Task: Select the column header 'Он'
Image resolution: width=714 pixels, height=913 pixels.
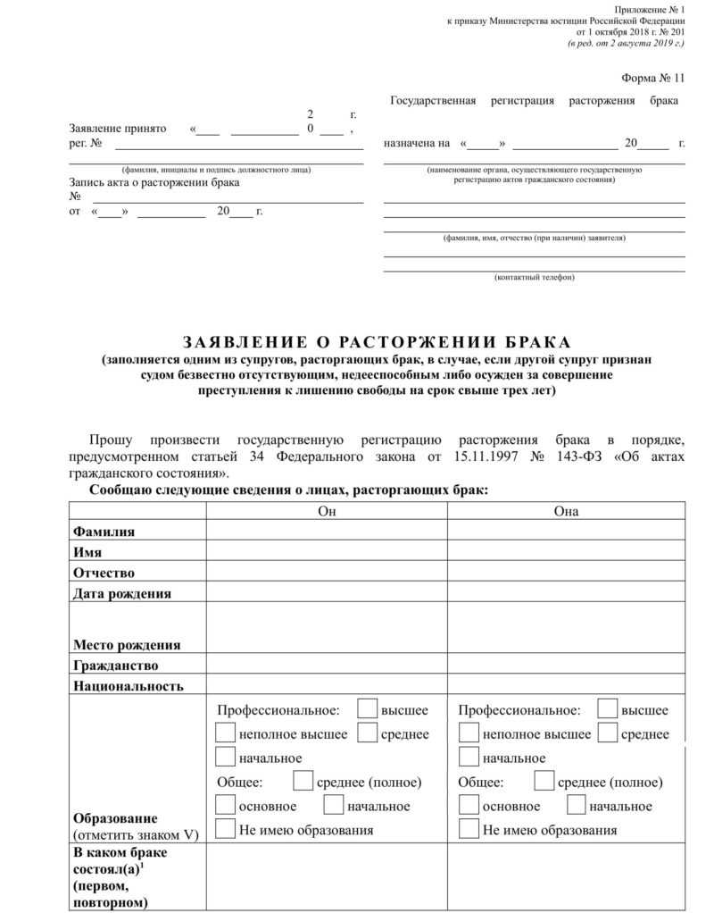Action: tap(327, 511)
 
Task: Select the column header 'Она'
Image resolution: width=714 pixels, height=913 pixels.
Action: tap(566, 511)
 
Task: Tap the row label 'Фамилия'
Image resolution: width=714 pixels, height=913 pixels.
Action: tap(104, 532)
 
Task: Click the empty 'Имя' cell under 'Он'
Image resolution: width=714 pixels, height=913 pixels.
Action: tap(327, 551)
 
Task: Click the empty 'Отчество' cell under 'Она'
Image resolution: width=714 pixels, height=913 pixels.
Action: tap(566, 572)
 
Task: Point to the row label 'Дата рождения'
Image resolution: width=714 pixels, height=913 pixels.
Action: tap(122, 592)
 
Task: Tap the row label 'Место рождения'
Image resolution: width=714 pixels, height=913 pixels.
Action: tap(127, 644)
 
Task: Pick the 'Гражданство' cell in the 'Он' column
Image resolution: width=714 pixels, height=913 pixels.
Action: tap(327, 666)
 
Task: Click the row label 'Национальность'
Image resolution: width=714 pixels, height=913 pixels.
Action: tap(129, 686)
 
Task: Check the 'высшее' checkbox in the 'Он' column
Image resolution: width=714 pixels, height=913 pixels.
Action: tap(367, 709)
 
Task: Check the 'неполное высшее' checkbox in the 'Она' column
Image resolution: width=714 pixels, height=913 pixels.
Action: tap(469, 733)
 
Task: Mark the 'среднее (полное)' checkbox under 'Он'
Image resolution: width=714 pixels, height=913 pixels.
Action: tap(303, 782)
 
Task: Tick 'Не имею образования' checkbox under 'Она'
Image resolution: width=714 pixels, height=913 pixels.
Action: tap(469, 829)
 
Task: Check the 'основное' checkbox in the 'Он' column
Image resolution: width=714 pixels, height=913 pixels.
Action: tap(226, 805)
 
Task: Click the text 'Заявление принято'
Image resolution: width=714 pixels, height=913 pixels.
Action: tap(118, 129)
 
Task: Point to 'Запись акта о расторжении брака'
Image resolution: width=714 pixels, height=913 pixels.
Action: tap(154, 182)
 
